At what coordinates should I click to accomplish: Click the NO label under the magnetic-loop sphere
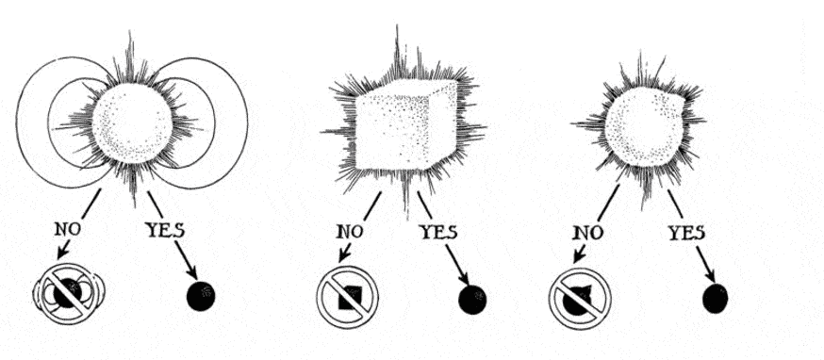[68, 229]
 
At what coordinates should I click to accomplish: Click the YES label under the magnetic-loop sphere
[164, 231]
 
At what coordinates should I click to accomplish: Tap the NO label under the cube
[350, 232]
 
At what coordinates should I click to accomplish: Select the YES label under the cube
[437, 232]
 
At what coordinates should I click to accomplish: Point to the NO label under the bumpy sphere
[588, 232]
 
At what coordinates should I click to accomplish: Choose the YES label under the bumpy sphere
[686, 233]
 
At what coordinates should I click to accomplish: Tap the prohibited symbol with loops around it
[69, 293]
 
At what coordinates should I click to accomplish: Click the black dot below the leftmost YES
[201, 296]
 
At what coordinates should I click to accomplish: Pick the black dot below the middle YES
[472, 300]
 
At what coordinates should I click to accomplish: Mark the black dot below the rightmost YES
[716, 298]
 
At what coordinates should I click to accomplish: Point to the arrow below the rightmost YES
[706, 265]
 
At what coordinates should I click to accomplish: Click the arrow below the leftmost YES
[187, 260]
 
